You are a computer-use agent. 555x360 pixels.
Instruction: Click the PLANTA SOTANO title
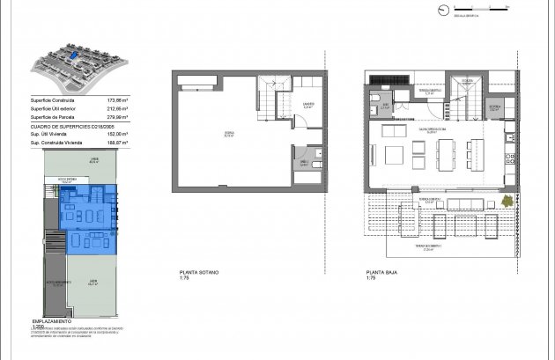pos(199,273)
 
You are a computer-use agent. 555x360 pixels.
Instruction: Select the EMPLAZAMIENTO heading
pos(52,322)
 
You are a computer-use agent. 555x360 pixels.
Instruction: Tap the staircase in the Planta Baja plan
pos(463,97)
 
